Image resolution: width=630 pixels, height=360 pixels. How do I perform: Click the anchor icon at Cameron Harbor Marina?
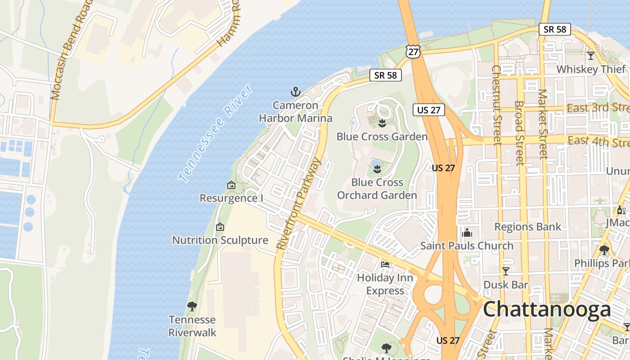[295, 92]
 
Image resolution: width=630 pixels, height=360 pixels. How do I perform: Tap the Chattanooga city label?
[547, 310]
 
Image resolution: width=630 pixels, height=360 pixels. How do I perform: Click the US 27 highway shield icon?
[413, 51]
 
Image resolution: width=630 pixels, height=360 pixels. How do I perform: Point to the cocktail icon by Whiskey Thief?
[591, 56]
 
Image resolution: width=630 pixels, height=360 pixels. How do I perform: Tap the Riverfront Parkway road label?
[298, 204]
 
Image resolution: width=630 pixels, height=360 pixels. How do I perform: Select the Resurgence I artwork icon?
[231, 185]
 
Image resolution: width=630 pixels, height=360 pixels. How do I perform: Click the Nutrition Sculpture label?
[220, 240]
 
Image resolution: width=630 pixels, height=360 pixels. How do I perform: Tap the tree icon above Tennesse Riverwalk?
[192, 307]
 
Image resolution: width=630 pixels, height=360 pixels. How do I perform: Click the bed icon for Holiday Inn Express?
[385, 264]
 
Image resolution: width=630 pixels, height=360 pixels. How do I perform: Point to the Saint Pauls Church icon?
[467, 233]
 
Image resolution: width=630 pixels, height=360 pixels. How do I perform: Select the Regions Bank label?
[528, 227]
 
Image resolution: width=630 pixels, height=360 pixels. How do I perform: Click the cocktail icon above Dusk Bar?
[506, 271]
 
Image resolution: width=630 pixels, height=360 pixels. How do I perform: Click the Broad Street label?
[519, 133]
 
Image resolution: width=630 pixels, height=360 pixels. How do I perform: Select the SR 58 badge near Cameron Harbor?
[386, 75]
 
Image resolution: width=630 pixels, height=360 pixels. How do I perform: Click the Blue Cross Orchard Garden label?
[377, 189]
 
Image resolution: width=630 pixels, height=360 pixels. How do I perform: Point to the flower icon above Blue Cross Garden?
[382, 123]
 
